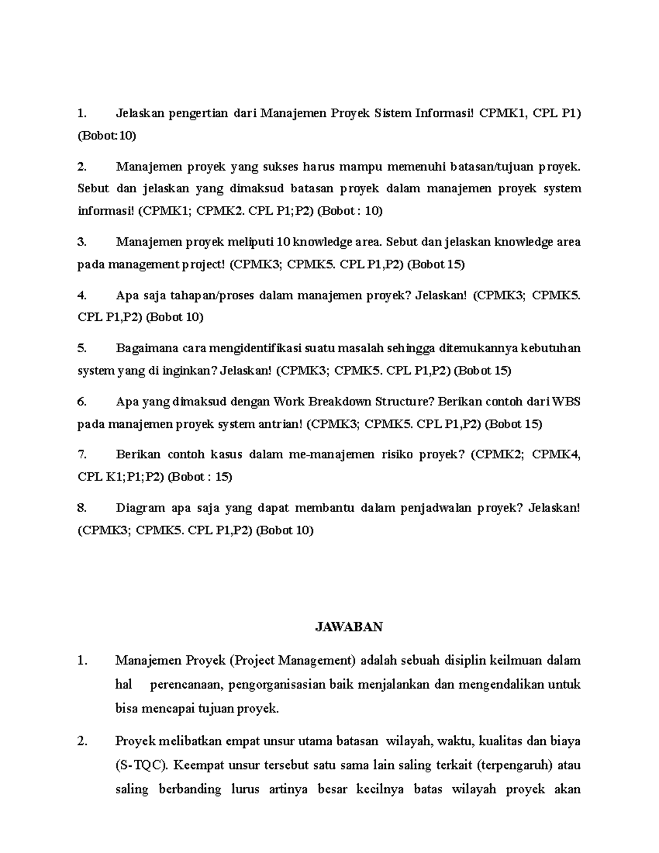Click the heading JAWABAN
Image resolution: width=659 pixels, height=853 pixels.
pyautogui.click(x=349, y=627)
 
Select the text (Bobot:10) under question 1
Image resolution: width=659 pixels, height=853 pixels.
pyautogui.click(x=107, y=136)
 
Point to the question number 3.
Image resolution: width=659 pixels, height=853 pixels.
pyautogui.click(x=82, y=242)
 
